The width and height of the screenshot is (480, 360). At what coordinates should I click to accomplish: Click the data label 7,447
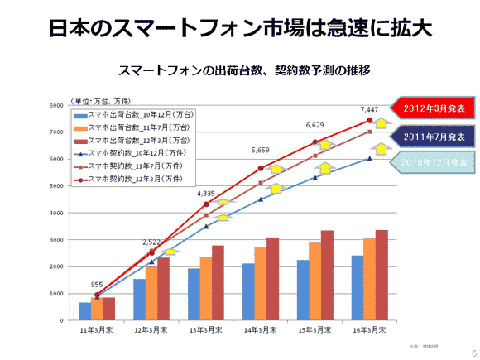(369, 109)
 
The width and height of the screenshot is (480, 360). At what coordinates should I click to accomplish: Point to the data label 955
(98, 283)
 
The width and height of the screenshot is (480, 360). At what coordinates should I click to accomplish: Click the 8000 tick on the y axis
(55, 106)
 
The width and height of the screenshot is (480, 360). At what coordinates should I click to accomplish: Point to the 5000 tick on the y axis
(55, 186)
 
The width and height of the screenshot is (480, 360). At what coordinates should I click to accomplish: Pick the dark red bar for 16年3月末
(382, 275)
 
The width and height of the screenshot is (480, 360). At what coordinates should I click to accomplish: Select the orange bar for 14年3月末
(260, 284)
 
